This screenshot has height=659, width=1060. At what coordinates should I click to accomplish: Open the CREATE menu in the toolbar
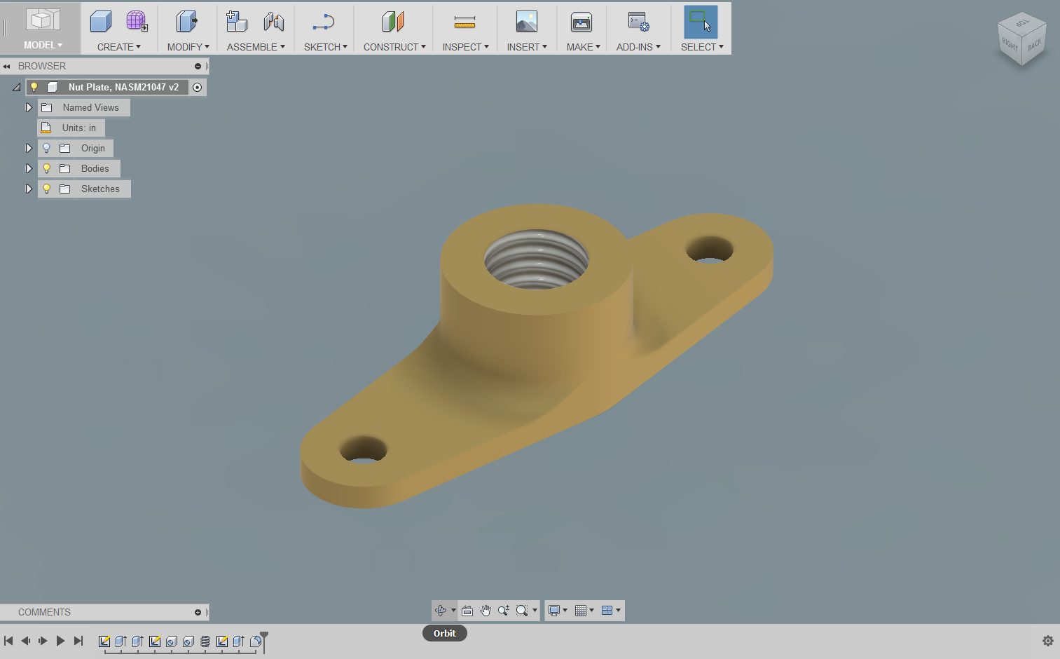click(118, 47)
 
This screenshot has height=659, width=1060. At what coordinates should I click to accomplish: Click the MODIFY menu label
click(188, 47)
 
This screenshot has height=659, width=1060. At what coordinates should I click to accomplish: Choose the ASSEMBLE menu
click(255, 47)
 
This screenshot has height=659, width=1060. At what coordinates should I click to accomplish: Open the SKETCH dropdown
click(325, 47)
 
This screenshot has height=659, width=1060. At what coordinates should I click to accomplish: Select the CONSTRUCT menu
click(394, 47)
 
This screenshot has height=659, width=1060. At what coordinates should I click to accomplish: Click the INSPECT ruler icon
click(464, 22)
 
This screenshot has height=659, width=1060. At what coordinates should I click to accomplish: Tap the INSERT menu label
click(526, 47)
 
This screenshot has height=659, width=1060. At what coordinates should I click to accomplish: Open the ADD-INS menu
click(638, 47)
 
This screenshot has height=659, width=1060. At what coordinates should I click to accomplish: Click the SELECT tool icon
click(701, 22)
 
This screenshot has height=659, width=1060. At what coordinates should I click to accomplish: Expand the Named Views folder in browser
click(29, 108)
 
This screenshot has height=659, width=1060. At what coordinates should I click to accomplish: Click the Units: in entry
click(78, 128)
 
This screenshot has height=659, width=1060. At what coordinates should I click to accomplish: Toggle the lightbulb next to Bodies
click(47, 169)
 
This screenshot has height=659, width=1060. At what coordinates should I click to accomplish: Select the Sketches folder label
click(100, 189)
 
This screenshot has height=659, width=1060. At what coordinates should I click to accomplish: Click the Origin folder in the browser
click(92, 149)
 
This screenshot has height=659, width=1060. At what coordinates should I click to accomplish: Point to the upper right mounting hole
click(709, 249)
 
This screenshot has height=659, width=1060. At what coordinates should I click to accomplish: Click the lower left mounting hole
click(363, 449)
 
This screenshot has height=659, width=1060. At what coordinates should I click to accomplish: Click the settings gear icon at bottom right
click(1047, 641)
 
